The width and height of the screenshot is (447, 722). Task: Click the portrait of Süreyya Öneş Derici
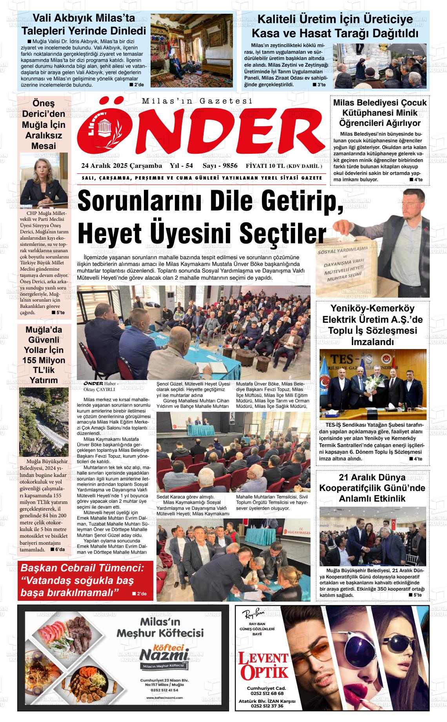(x=44, y=181)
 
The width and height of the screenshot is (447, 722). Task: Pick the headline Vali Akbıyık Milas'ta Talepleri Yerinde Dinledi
(x=84, y=24)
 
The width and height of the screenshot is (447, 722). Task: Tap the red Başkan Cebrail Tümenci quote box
(x=85, y=580)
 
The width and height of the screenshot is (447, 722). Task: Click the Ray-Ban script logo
(x=253, y=614)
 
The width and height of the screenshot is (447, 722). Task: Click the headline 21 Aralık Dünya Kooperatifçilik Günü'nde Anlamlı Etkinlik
(x=372, y=488)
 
